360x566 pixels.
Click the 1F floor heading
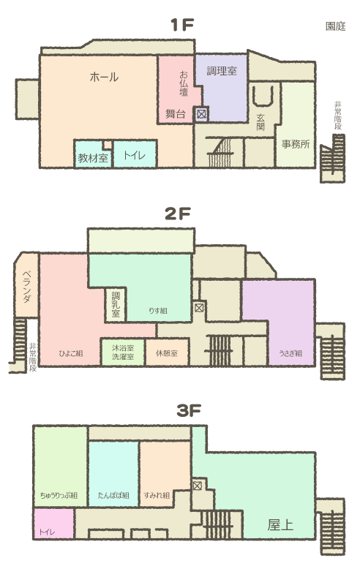182,25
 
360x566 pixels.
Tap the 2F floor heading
177,214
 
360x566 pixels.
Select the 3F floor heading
189,410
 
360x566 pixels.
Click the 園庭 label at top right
335,26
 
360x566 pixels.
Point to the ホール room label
104,77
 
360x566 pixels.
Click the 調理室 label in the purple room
222,71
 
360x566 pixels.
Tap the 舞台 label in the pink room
176,114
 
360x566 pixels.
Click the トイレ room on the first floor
135,154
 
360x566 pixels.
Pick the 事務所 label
296,144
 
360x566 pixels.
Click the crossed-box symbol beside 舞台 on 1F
201,114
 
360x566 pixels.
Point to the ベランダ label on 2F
27,287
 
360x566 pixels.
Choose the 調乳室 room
116,305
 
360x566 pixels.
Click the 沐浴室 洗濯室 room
123,352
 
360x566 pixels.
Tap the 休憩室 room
167,352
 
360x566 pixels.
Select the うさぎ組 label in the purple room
290,353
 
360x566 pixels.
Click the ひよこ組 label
71,353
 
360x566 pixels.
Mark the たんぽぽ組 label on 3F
113,495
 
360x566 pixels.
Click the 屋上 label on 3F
280,525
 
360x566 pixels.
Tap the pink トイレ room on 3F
54,524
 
